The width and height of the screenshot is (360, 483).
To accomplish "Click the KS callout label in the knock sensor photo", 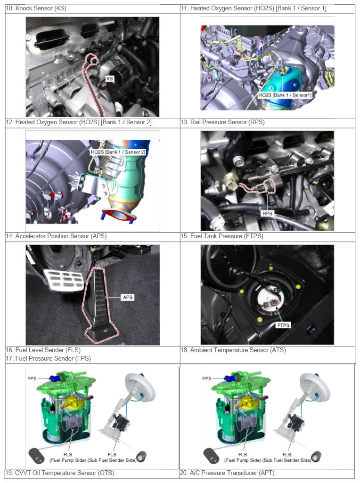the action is pyautogui.click(x=110, y=79).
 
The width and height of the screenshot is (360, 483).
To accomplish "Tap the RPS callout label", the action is pyautogui.click(x=267, y=213).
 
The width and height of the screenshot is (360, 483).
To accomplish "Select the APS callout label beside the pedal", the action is pyautogui.click(x=128, y=297).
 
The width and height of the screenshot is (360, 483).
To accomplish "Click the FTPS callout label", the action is pyautogui.click(x=283, y=325).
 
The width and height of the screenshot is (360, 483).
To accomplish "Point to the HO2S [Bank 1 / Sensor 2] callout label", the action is pyautogui.click(x=118, y=152).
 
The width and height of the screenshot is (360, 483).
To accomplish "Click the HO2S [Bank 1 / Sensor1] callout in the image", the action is pyautogui.click(x=285, y=95).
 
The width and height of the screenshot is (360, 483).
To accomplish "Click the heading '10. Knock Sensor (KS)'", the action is pyautogui.click(x=36, y=8).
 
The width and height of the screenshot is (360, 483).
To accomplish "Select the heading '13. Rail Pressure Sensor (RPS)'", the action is pyautogui.click(x=222, y=122).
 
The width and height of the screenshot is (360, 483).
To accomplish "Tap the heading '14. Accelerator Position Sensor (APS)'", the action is pyautogui.click(x=56, y=236).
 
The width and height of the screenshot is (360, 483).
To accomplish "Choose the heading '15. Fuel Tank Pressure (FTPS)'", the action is pyautogui.click(x=222, y=236).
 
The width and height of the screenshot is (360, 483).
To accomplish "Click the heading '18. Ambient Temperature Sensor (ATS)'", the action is pyautogui.click(x=233, y=350).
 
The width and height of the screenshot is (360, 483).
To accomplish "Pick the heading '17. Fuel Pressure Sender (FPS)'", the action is pyautogui.click(x=49, y=359).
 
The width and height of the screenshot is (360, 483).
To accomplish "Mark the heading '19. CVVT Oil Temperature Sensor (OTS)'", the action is pyautogui.click(x=60, y=473).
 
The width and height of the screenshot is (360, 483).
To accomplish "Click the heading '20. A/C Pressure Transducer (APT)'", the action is pyautogui.click(x=227, y=473).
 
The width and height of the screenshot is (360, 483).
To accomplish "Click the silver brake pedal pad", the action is pyautogui.click(x=64, y=280).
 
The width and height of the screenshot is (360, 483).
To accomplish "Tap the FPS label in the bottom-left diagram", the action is pyautogui.click(x=32, y=378).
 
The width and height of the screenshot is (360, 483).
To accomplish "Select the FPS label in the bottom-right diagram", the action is pyautogui.click(x=207, y=378).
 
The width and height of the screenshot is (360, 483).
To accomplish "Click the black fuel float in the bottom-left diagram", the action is pyautogui.click(x=37, y=456).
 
